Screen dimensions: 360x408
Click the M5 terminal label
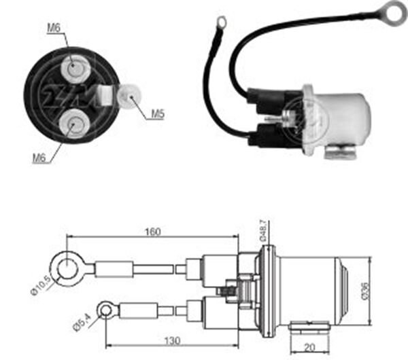click(158, 113)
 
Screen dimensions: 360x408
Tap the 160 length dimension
click(153, 232)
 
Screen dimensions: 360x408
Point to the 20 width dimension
click(309, 348)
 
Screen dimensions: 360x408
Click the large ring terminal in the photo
click(391, 11)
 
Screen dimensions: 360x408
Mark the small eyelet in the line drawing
click(106, 311)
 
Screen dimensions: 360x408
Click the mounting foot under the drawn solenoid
click(310, 327)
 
